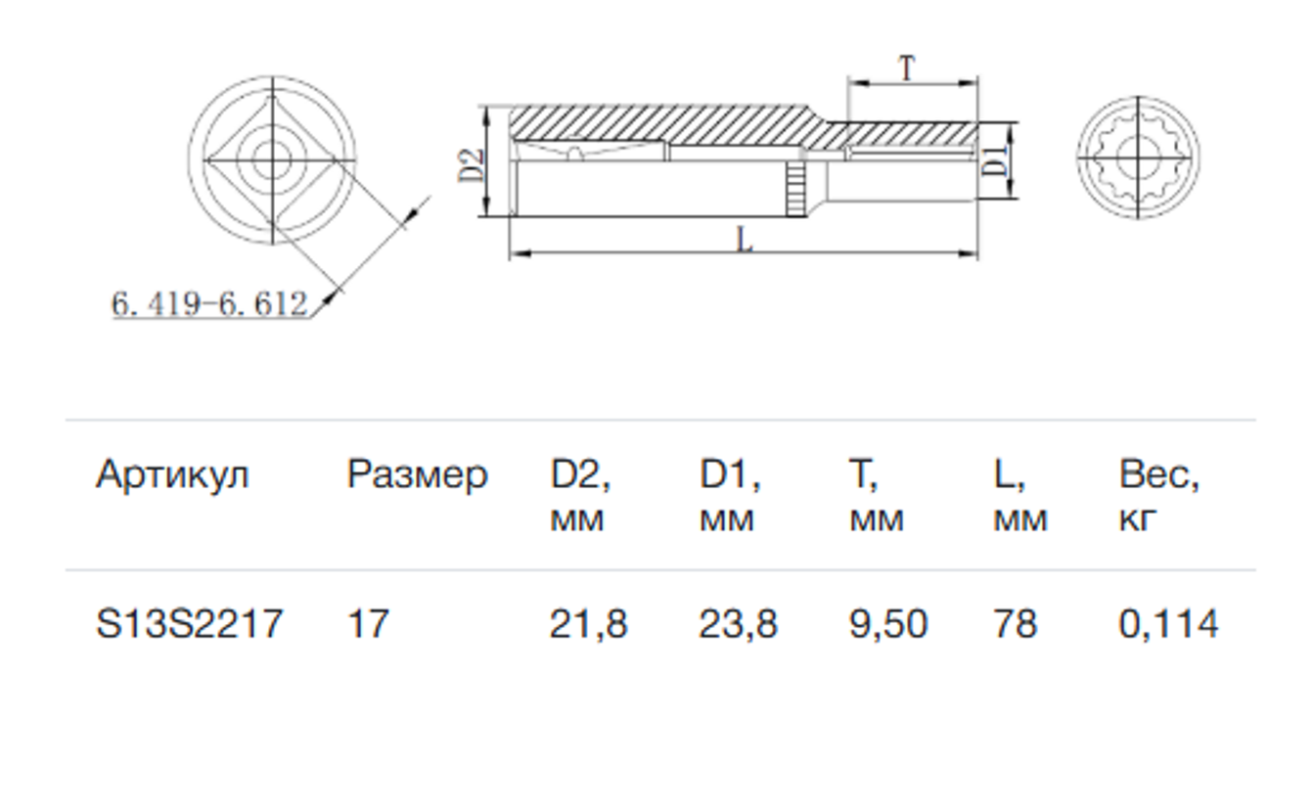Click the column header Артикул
point(172,474)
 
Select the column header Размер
point(418,475)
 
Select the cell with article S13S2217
point(190,623)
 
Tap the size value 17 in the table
point(368,623)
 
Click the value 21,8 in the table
point(589,624)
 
